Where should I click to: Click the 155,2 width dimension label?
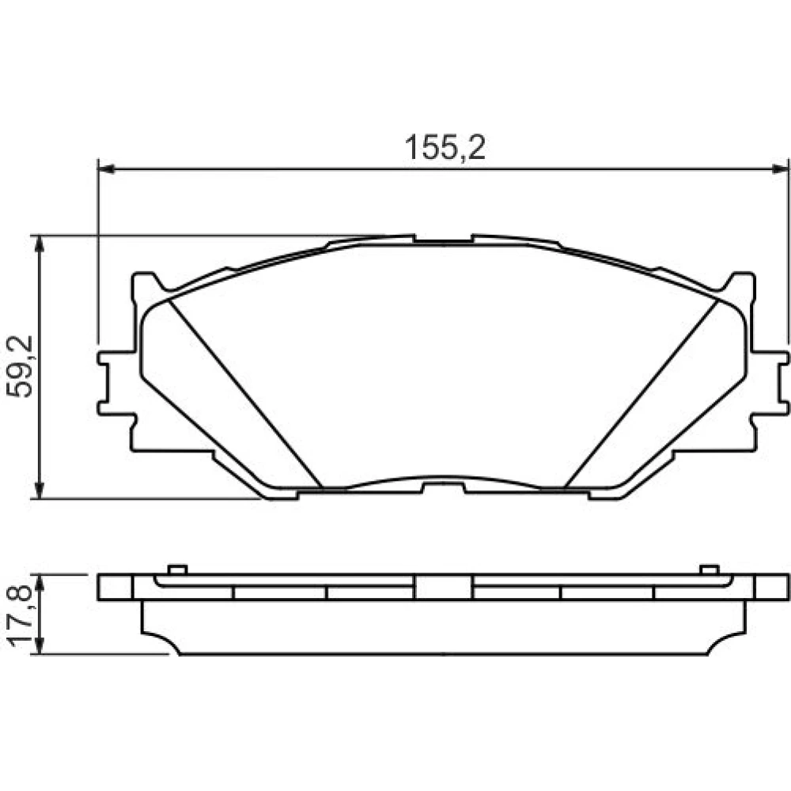[x=445, y=147]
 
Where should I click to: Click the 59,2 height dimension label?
[x=21, y=366]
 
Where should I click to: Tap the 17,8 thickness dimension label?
[x=21, y=615]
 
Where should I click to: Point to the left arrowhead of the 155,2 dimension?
[x=107, y=169]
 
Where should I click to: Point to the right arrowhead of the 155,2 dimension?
[x=780, y=169]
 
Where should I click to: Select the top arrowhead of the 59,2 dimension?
[x=40, y=244]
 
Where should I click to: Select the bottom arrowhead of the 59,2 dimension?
[x=40, y=490]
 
